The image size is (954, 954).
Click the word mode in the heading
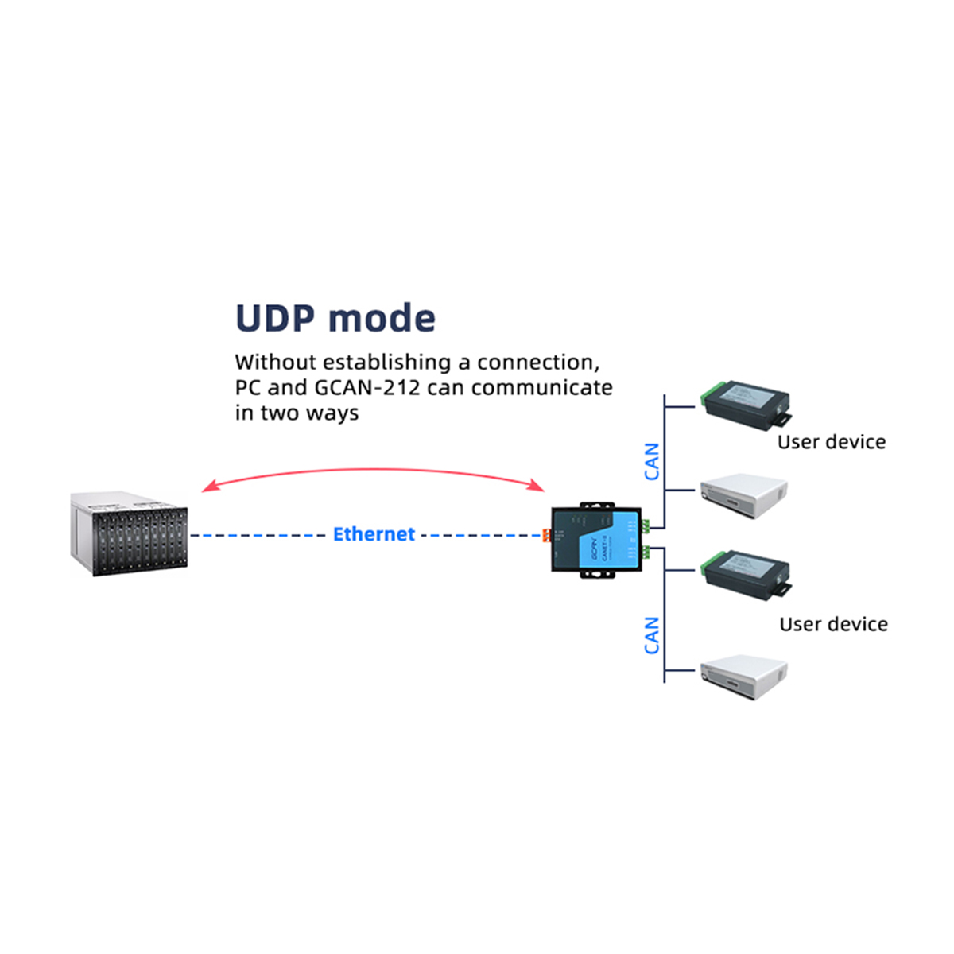[x=382, y=318]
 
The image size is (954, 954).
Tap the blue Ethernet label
[x=374, y=534]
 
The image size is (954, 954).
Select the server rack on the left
[x=130, y=533]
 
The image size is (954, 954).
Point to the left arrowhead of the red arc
[x=206, y=487]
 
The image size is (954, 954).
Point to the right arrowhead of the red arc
[x=540, y=487]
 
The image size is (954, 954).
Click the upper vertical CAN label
[x=652, y=462]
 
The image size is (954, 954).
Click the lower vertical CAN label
[x=652, y=635]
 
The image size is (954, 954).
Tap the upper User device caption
[x=831, y=442]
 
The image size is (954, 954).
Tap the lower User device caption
[x=833, y=624]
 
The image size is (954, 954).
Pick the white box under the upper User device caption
[x=744, y=494]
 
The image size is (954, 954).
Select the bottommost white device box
[x=744, y=677]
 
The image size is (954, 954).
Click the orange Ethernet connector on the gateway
[x=546, y=536]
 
